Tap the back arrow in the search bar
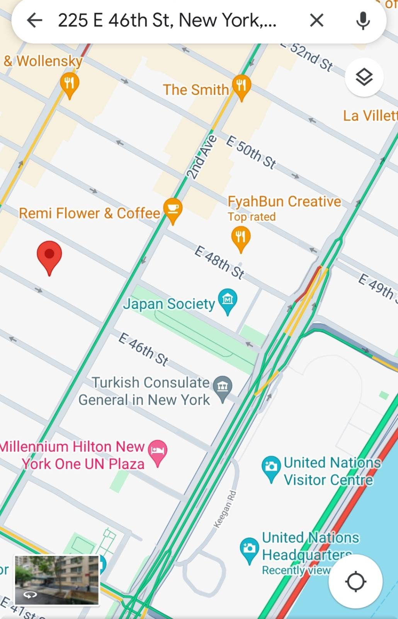[x=34, y=20]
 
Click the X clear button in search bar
[x=316, y=20]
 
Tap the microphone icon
[x=363, y=20]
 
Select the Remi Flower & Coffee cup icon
[x=173, y=209]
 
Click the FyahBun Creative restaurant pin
[x=241, y=237]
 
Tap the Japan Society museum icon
[x=228, y=299]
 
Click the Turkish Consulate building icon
[x=223, y=387]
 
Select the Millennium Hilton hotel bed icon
[x=158, y=451]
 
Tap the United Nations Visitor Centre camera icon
[x=271, y=467]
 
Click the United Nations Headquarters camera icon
[x=249, y=548]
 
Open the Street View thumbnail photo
[x=57, y=580]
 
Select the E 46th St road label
[x=143, y=349]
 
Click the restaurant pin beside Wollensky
[x=70, y=84]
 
